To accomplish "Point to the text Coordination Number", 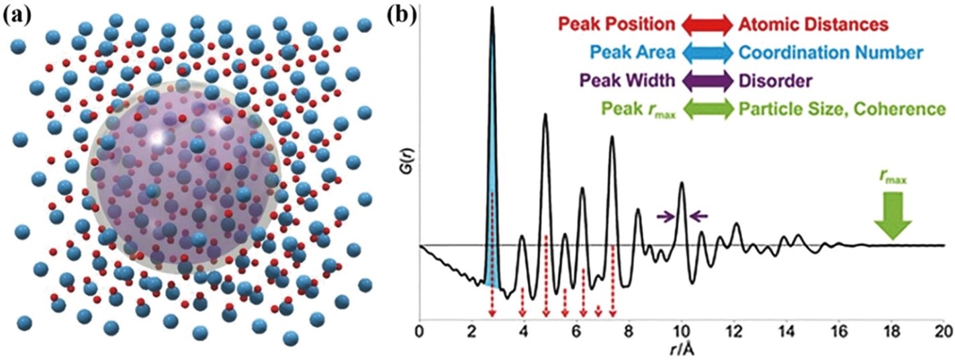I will pos(831,54).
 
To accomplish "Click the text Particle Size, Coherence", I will pos(842,109).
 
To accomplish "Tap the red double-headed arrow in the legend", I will pos(707,26).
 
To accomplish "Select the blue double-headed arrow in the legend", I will pos(707,54).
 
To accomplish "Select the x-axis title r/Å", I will pos(681,351).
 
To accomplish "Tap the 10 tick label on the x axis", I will pos(682,330).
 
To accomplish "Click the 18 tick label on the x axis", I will pos(892,330).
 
